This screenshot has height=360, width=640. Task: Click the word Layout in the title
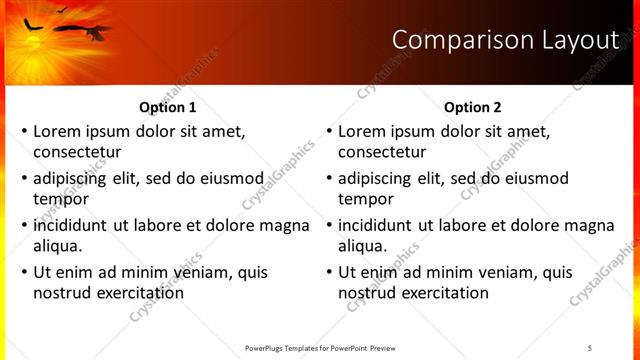tap(583, 40)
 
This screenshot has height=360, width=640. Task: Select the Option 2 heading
tap(472, 107)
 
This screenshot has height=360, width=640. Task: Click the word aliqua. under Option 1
tap(57, 246)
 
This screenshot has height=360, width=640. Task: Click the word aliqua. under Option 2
tap(362, 246)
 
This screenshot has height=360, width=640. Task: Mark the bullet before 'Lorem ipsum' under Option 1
tap(24, 131)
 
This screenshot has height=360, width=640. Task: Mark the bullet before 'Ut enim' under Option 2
tap(329, 272)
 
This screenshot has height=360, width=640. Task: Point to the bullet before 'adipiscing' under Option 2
tap(329, 178)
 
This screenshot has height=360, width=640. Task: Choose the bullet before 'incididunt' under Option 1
tap(24, 225)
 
